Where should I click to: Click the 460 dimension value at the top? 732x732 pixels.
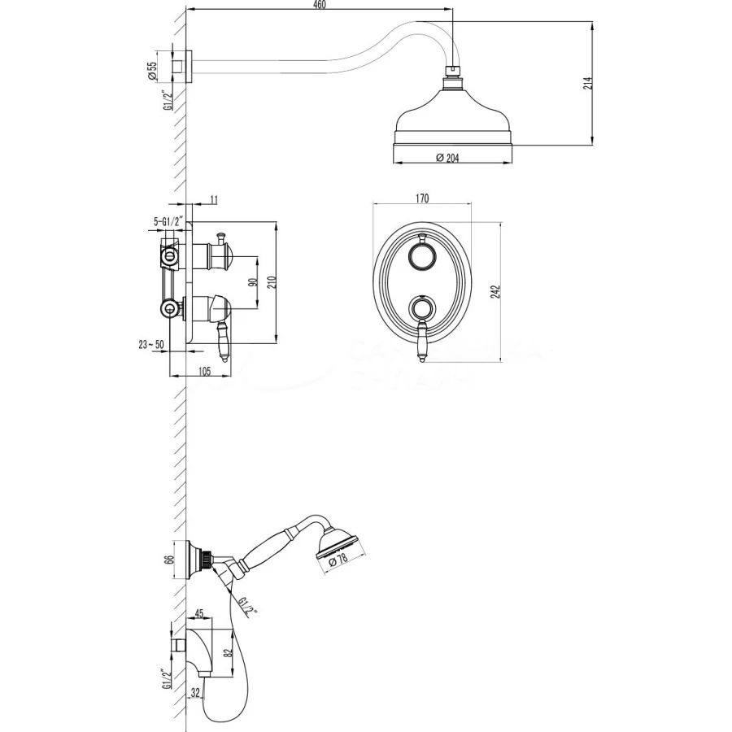click(320, 6)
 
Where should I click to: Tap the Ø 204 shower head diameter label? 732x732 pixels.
click(447, 159)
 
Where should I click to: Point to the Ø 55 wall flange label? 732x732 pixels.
click(152, 69)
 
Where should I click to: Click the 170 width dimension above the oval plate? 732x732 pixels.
click(422, 198)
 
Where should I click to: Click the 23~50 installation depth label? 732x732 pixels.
click(152, 345)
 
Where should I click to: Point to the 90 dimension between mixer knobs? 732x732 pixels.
click(253, 282)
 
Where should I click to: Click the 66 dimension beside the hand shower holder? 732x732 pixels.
click(169, 559)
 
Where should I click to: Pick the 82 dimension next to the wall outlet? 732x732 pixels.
click(229, 651)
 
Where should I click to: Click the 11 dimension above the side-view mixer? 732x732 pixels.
click(214, 198)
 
